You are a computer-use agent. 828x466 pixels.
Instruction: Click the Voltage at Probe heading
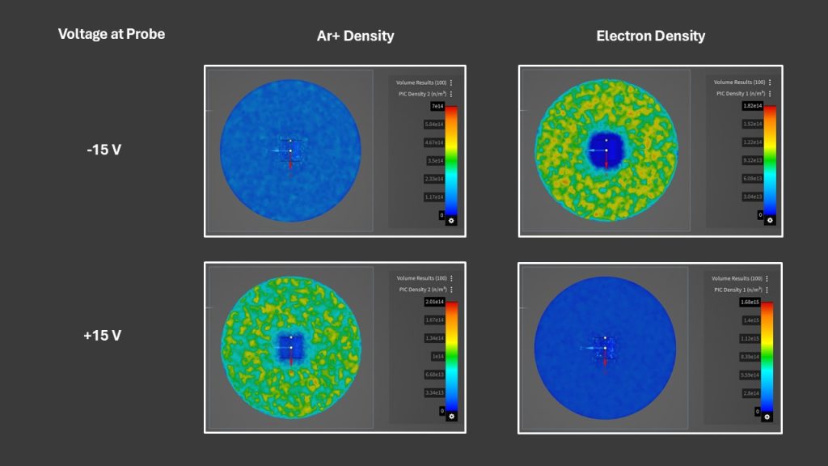coord(112,34)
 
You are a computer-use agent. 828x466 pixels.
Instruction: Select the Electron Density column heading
coord(650,36)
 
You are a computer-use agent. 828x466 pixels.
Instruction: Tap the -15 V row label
coord(103,150)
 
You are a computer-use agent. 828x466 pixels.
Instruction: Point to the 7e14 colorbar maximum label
coord(437,106)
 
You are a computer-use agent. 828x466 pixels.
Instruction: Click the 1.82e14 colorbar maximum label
coord(751,106)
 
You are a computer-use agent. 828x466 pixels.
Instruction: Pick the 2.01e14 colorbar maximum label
coord(434,302)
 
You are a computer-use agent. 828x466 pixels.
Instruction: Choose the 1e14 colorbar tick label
coord(437,356)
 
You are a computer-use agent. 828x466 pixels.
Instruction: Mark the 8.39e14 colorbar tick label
coord(750,356)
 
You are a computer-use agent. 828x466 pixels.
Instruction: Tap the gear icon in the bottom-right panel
coord(767,417)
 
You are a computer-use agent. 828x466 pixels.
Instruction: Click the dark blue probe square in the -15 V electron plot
coord(606,150)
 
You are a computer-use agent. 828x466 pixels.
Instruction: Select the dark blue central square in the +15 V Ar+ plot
coord(291,346)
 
